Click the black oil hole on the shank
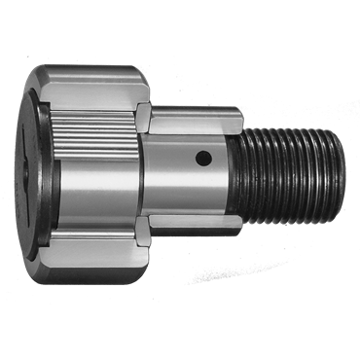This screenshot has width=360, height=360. point(201,158)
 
